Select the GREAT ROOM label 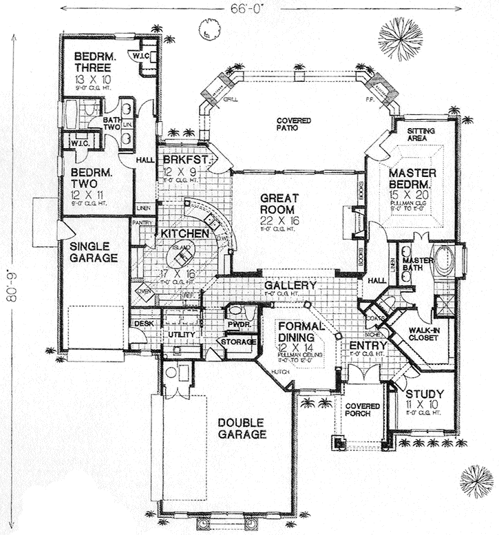click(278, 204)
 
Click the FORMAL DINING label click(298, 333)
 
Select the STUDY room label click(424, 394)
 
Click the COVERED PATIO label click(295, 124)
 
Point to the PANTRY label click(142, 222)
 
